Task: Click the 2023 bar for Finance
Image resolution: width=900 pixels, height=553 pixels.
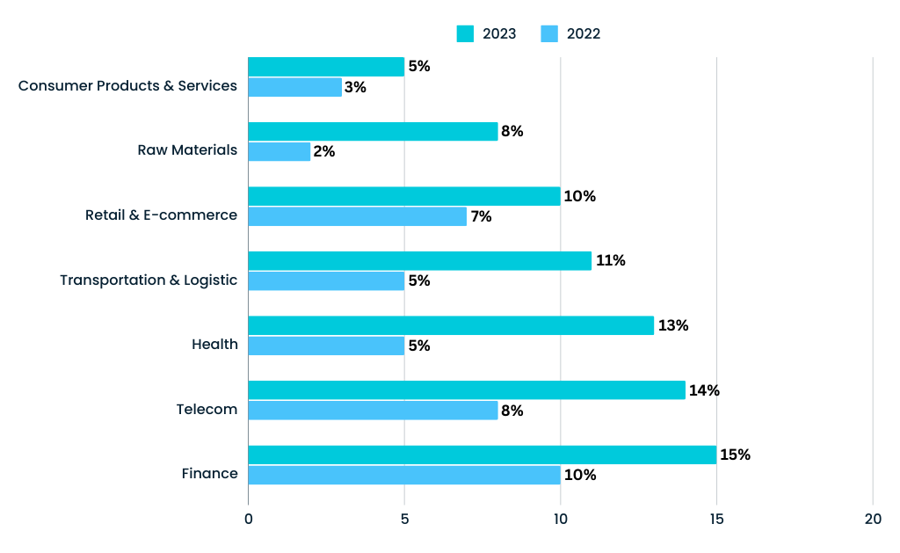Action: coord(482,455)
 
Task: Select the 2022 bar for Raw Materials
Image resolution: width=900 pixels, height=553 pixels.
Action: coord(279,151)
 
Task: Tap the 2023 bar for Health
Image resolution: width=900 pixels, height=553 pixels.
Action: coord(451,325)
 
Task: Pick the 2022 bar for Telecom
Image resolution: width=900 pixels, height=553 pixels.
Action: coord(373,411)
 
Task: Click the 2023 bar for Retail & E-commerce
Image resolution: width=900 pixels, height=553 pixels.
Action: coord(404,196)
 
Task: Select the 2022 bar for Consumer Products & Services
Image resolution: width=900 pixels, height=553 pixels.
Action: coord(294,87)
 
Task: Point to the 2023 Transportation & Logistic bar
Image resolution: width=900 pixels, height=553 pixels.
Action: coord(419,260)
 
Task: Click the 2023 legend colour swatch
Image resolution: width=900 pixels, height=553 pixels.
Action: coord(465,34)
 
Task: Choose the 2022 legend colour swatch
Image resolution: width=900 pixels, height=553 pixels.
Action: coord(549,34)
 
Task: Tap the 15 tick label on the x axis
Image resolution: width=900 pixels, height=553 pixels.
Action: coord(716,520)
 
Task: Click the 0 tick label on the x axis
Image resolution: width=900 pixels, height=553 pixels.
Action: coord(249,520)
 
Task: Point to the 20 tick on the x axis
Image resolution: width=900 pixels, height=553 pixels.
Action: coord(873,520)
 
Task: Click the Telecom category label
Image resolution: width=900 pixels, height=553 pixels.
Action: coord(207,409)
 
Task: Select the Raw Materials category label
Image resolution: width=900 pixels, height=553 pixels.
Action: coord(187,150)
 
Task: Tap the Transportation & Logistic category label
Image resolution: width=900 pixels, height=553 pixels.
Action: coord(149,280)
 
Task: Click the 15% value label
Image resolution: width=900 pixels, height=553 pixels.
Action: coord(735,455)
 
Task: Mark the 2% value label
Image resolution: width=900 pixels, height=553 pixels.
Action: coord(324,152)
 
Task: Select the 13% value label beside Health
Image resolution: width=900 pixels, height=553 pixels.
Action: coord(672,326)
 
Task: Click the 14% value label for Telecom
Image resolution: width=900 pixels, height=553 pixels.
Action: coord(704,390)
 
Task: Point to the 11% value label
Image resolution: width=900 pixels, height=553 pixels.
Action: coord(610,261)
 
